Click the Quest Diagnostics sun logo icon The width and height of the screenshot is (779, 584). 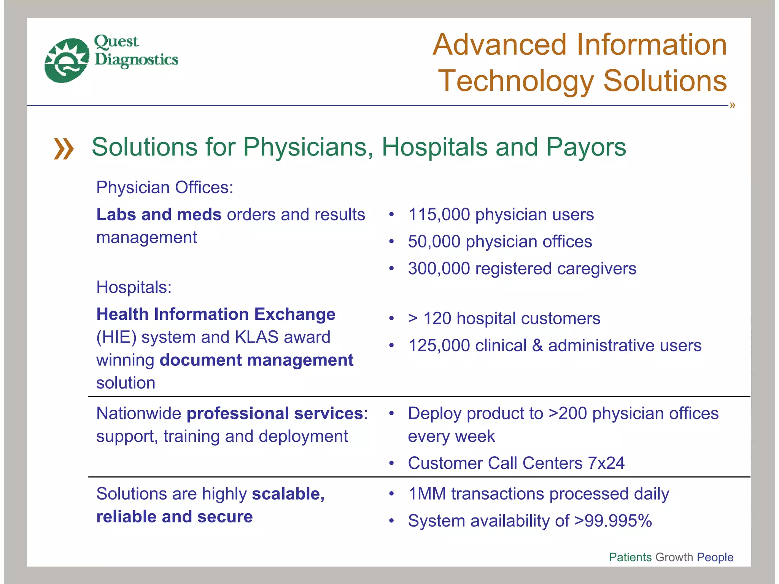point(67,60)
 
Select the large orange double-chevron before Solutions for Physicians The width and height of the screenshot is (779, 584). point(64,149)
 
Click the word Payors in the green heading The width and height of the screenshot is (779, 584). point(586,147)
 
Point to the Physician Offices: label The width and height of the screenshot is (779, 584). point(165,187)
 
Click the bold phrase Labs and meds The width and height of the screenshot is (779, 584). point(159,215)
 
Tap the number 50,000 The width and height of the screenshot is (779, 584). point(434,242)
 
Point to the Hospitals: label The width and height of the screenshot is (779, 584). point(134,287)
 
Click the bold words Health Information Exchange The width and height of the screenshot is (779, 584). point(216,314)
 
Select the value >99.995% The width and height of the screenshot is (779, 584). point(613,521)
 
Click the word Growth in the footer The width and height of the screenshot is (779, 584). point(674,557)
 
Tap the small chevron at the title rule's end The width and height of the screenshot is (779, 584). point(732,105)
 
